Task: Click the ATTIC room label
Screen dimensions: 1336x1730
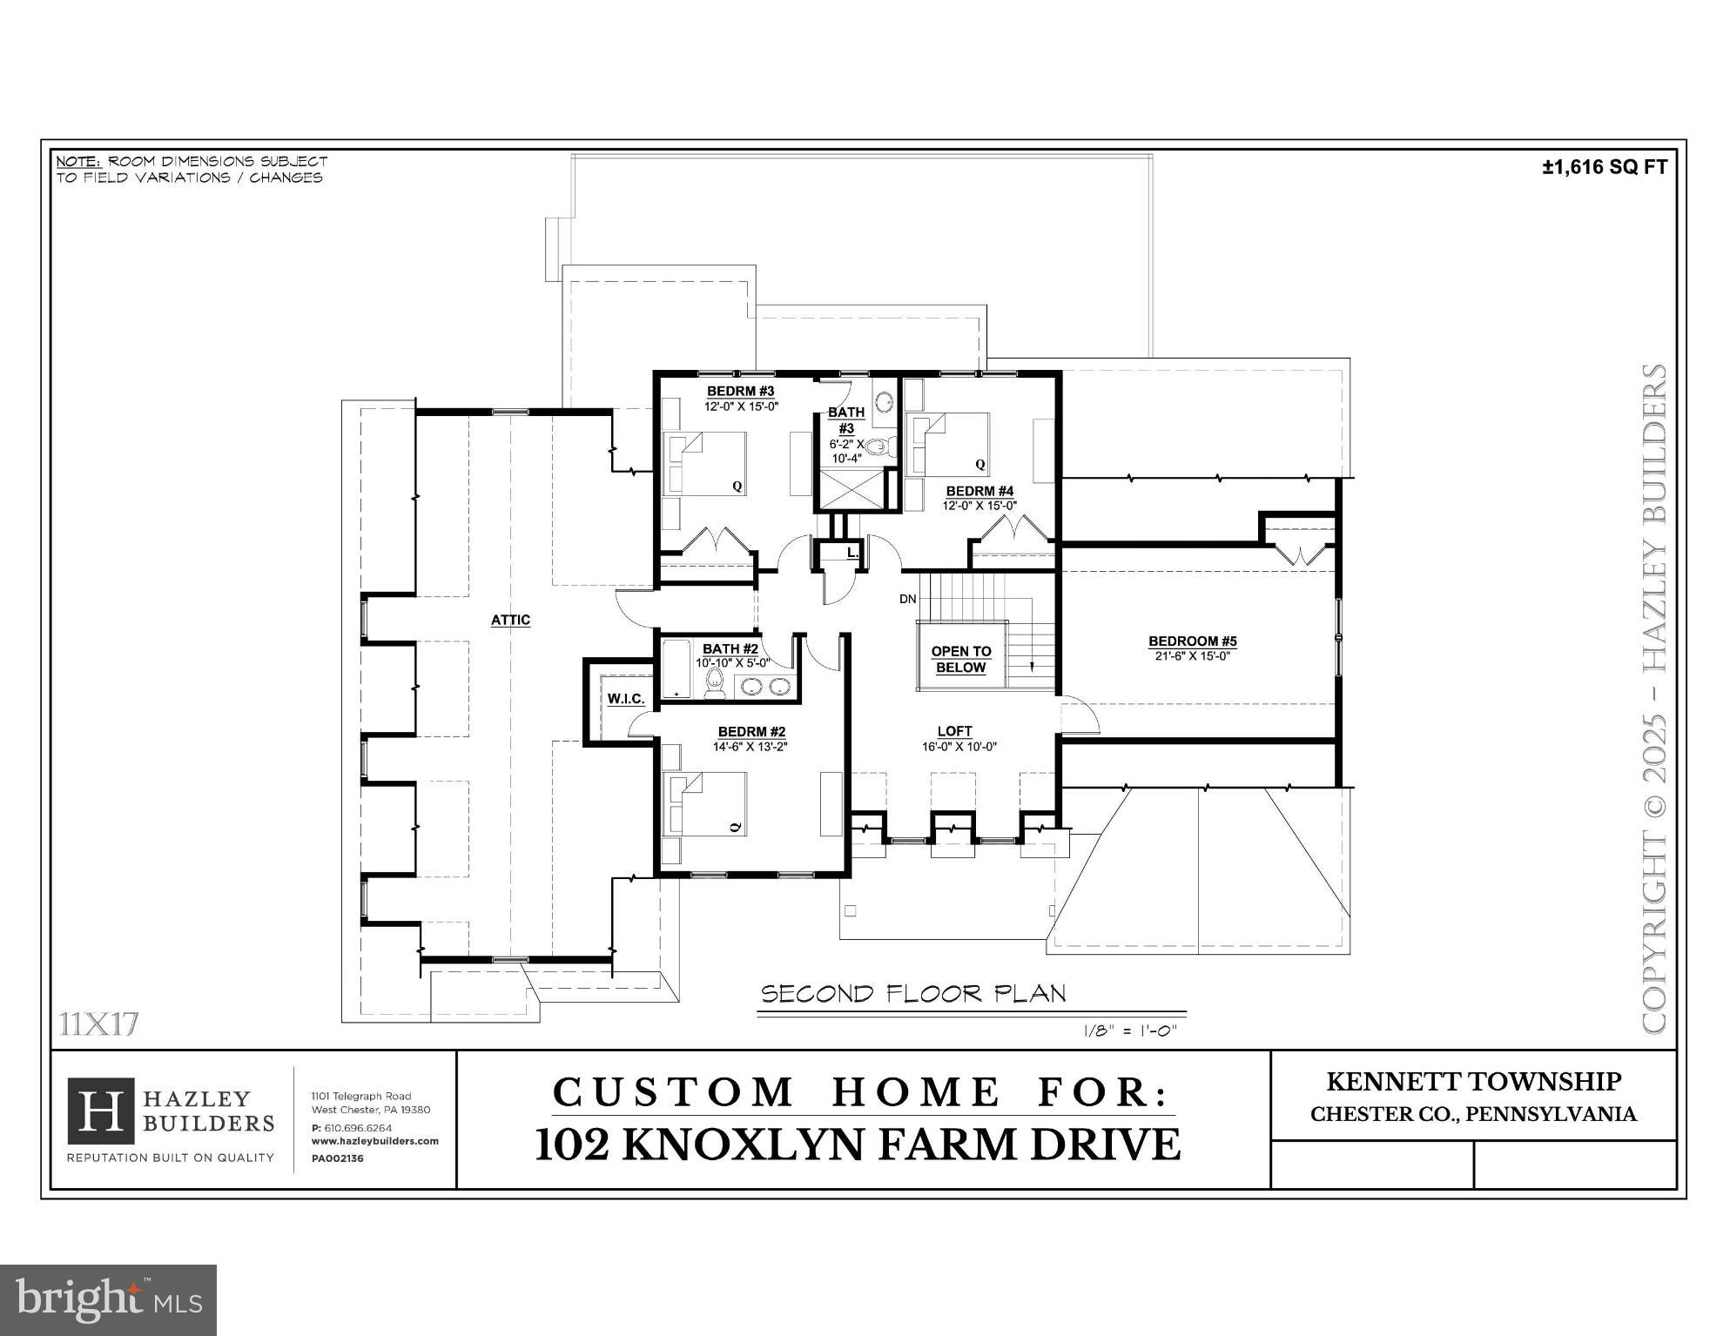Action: (510, 620)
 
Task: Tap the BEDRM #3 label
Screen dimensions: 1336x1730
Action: (740, 392)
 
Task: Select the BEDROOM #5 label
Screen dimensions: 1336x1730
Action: (1192, 641)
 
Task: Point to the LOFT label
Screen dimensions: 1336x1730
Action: (954, 731)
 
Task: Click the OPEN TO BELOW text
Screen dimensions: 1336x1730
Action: (960, 659)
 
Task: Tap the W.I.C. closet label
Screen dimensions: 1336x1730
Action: (625, 699)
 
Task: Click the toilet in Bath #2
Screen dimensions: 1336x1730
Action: (715, 683)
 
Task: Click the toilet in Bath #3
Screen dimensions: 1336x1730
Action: (878, 447)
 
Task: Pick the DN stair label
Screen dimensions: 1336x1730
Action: (907, 599)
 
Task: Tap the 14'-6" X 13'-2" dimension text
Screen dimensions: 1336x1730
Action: (750, 746)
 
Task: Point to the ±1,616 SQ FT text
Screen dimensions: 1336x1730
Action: (1604, 167)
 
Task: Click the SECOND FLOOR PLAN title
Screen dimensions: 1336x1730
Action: (913, 994)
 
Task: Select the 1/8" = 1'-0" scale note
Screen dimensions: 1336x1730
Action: (1129, 1031)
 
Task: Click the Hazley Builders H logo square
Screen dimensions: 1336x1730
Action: (100, 1111)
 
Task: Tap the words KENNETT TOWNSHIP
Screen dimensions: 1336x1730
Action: (1473, 1082)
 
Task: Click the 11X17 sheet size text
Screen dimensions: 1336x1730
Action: (99, 1024)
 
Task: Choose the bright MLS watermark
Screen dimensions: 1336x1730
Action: (108, 1299)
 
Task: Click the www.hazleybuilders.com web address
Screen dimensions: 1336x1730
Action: (374, 1141)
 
